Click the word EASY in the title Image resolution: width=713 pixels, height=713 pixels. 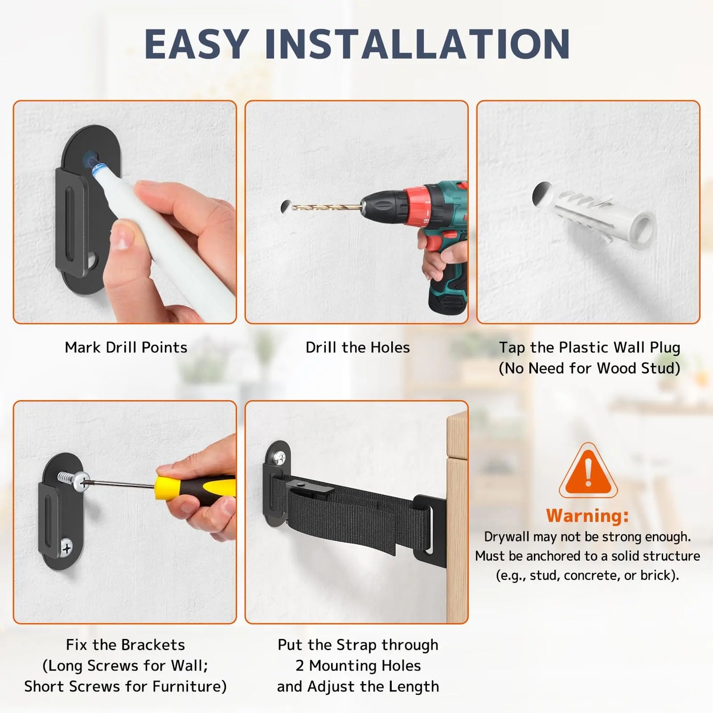coord(196,44)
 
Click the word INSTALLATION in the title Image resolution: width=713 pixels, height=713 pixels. coord(417,44)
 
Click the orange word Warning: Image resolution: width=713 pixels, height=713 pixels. coord(587,516)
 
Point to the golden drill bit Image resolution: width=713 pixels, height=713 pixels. coord(326,207)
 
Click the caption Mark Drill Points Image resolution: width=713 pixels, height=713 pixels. coord(126,347)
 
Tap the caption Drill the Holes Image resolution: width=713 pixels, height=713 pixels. coord(357,347)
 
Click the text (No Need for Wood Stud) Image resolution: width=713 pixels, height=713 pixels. coord(589,368)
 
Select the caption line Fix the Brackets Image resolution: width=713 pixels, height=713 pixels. coord(125,644)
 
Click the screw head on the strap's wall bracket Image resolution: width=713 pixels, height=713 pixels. coord(279,458)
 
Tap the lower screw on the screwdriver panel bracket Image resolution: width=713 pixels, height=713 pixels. coord(67,547)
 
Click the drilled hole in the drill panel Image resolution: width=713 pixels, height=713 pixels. coord(285,206)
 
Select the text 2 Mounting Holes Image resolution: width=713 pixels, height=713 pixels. coord(358,666)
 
